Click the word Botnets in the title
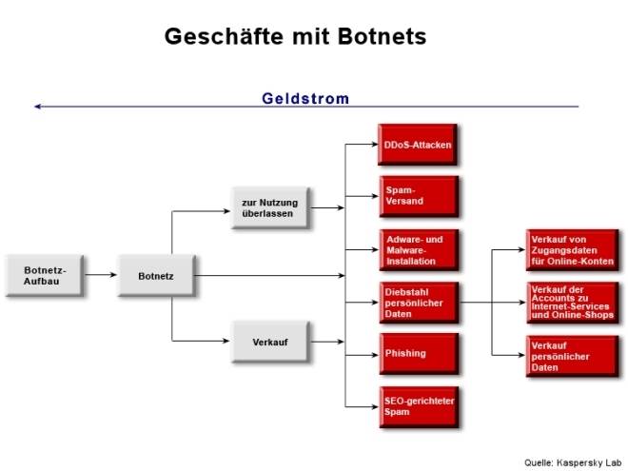click(x=379, y=36)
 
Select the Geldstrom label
click(x=305, y=98)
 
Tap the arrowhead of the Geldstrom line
click(x=37, y=107)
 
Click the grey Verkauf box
click(x=269, y=341)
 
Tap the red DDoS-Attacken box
click(x=416, y=145)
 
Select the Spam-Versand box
click(x=416, y=196)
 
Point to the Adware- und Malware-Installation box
click(x=416, y=248)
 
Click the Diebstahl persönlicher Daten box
click(x=416, y=302)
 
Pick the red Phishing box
click(x=416, y=353)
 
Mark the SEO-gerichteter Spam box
click(x=416, y=406)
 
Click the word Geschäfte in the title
click(x=222, y=36)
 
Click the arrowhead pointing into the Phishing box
click(x=373, y=354)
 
